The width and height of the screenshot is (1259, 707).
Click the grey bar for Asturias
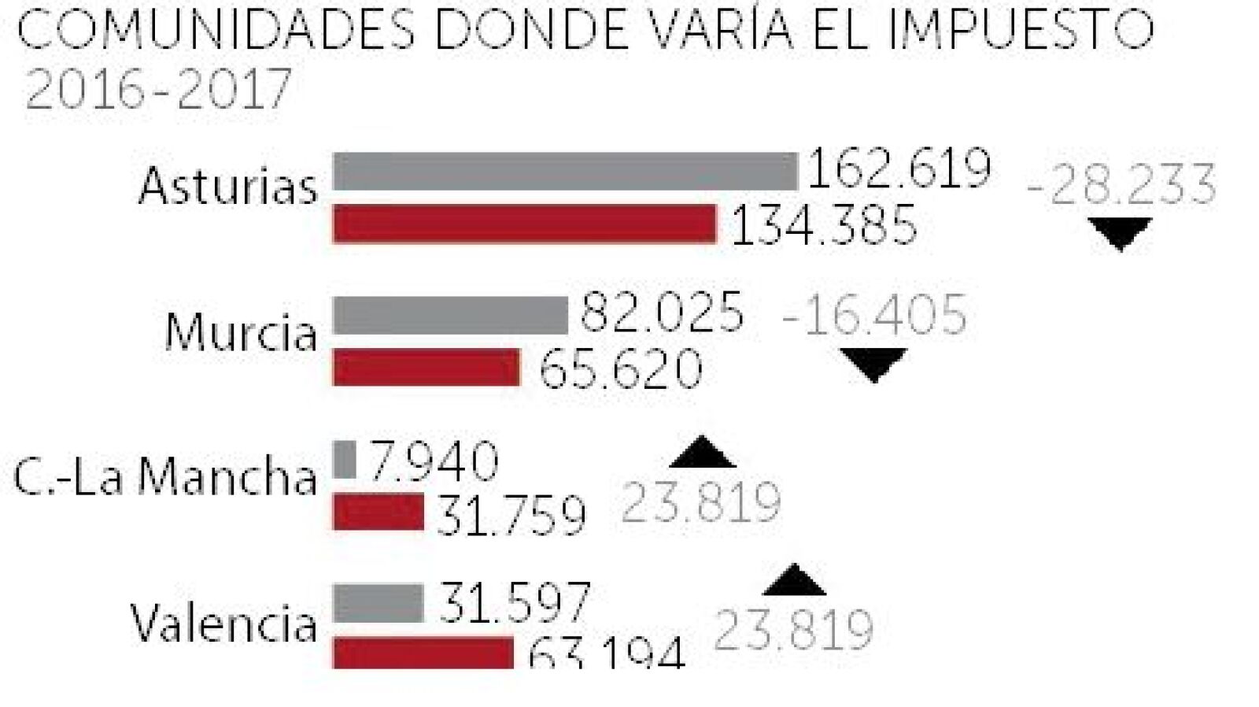pyautogui.click(x=565, y=172)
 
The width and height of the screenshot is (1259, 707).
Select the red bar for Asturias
pyautogui.click(x=524, y=224)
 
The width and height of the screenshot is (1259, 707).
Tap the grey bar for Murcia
pyautogui.click(x=449, y=315)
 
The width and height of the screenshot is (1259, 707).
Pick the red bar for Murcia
pyautogui.click(x=426, y=368)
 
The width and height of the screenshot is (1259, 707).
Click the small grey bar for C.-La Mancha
pyautogui.click(x=345, y=460)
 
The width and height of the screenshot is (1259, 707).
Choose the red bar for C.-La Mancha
pyautogui.click(x=378, y=512)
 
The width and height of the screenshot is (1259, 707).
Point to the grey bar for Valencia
pyautogui.click(x=378, y=603)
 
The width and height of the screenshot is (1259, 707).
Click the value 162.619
pyautogui.click(x=899, y=168)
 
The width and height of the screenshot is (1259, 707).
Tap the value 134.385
pyautogui.click(x=824, y=225)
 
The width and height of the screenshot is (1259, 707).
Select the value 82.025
pyautogui.click(x=662, y=312)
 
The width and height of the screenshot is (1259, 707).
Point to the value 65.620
pyautogui.click(x=620, y=368)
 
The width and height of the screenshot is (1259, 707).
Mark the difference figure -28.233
pyautogui.click(x=1121, y=186)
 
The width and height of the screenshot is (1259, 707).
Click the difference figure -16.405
pyautogui.click(x=873, y=315)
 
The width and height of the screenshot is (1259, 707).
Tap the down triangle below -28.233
pyautogui.click(x=1120, y=233)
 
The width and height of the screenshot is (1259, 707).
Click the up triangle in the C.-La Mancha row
pyautogui.click(x=703, y=453)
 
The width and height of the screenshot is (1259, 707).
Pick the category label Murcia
pyautogui.click(x=241, y=332)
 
